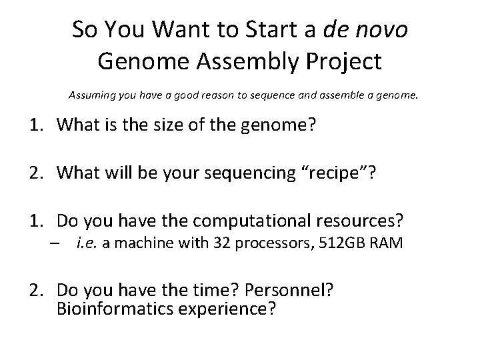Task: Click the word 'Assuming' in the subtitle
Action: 91,95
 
